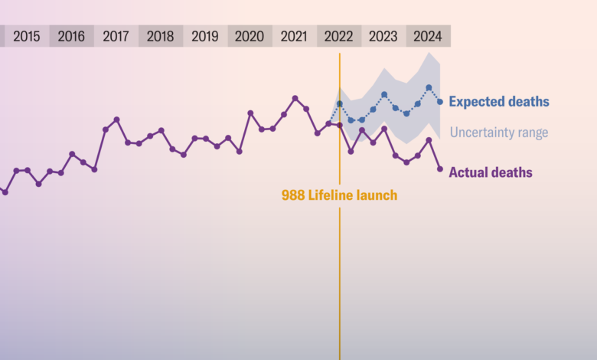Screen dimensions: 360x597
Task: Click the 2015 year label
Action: (x=27, y=36)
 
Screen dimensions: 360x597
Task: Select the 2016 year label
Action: (x=71, y=36)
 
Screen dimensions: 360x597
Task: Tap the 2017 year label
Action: (x=116, y=36)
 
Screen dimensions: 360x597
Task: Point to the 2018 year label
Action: (x=160, y=36)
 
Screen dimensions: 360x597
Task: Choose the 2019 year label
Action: (x=204, y=36)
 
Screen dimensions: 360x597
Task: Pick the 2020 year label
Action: (x=250, y=36)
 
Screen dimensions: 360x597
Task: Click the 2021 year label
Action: (x=294, y=36)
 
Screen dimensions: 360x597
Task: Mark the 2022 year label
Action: (x=338, y=36)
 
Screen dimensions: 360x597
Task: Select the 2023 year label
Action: (x=383, y=36)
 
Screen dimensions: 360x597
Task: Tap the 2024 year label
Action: (x=427, y=36)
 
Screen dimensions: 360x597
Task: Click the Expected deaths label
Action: (x=498, y=102)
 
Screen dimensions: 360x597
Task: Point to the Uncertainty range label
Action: (x=498, y=133)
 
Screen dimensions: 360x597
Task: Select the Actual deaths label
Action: (x=490, y=172)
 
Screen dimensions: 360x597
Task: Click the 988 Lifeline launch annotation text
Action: (x=339, y=195)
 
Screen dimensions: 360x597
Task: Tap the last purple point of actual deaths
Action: (x=439, y=169)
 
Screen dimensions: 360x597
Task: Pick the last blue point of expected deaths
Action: (x=439, y=102)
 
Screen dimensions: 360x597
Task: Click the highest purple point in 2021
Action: (x=295, y=98)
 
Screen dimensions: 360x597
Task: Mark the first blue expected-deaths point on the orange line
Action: (x=340, y=103)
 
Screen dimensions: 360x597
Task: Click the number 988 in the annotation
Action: (x=293, y=195)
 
